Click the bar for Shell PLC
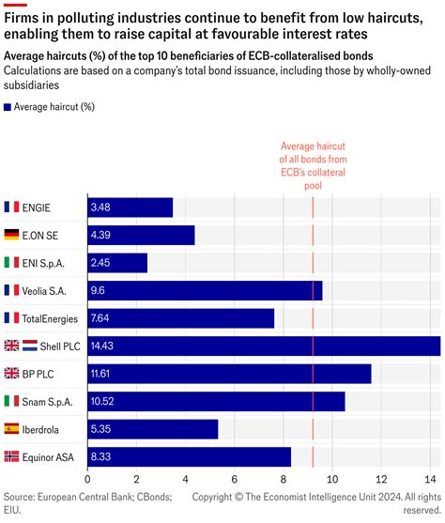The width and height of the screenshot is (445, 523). [x=264, y=346]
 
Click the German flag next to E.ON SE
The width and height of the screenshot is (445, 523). [x=11, y=235]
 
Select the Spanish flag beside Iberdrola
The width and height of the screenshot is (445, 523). [x=11, y=429]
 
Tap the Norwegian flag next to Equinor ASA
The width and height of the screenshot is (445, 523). [x=11, y=456]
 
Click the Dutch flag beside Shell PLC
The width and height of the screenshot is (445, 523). [x=29, y=346]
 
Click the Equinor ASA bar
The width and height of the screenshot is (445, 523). [x=189, y=456]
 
